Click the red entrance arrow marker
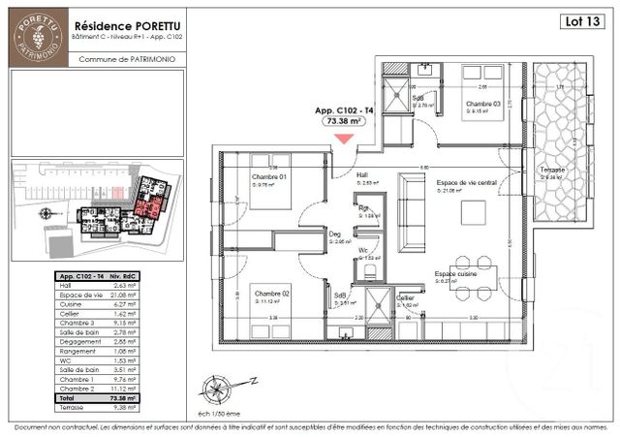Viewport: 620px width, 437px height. [x=344, y=139]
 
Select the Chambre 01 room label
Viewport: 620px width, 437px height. [x=269, y=177]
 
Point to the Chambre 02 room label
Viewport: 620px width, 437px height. [x=272, y=294]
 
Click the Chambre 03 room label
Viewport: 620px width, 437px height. [x=481, y=104]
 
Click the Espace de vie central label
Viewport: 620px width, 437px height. [x=466, y=182]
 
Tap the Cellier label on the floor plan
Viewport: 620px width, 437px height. [x=406, y=297]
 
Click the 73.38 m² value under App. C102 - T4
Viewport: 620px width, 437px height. [x=343, y=123]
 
